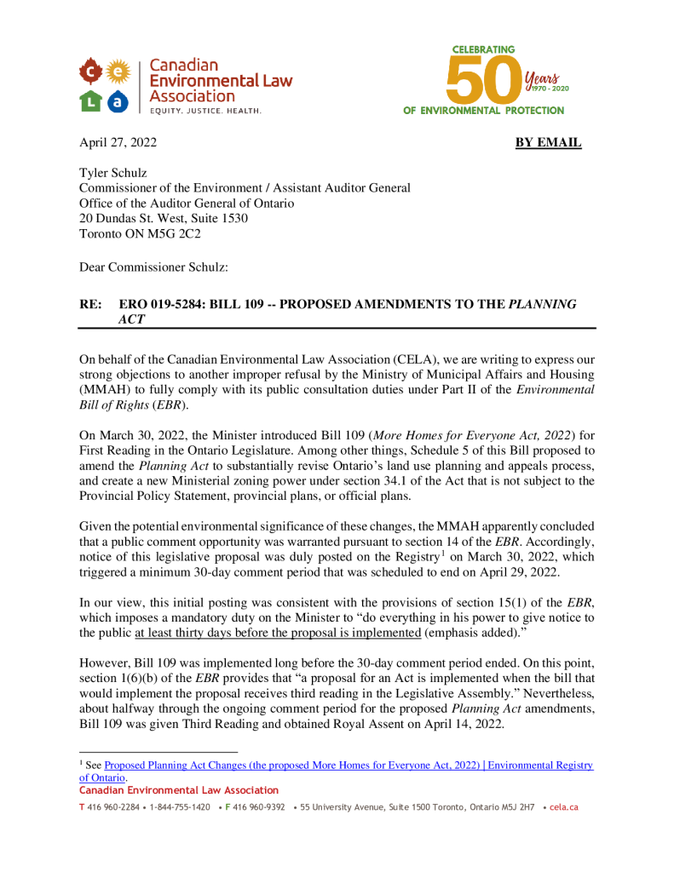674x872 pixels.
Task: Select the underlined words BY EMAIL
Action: [548, 142]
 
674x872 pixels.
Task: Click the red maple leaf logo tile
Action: [91, 72]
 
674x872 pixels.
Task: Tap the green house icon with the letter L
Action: [91, 101]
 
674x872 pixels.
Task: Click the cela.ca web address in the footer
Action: [565, 806]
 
